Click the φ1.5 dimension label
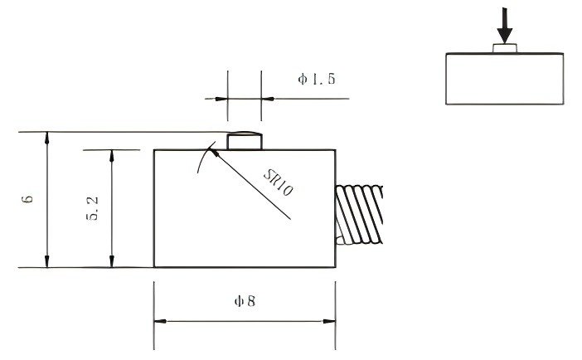[x=316, y=80]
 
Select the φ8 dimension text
[x=245, y=301]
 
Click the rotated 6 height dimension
[x=27, y=200]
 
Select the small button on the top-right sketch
[x=506, y=49]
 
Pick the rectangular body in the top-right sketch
[x=506, y=79]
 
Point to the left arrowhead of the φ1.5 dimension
[x=221, y=98]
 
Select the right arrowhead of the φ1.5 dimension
[x=268, y=98]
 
